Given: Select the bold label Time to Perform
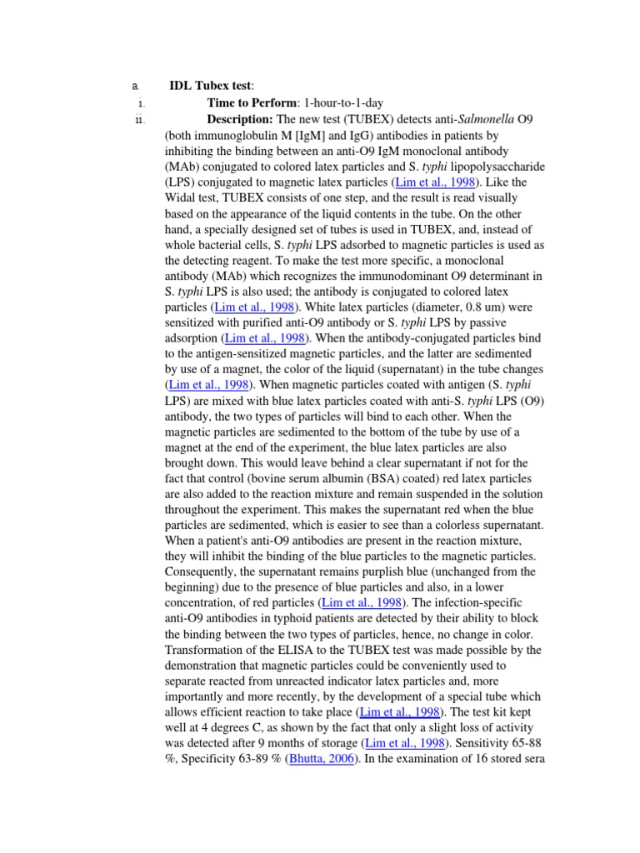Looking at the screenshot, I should [x=252, y=103].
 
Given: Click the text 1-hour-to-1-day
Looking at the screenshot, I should [x=343, y=103].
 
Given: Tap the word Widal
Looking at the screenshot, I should [x=183, y=198].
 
